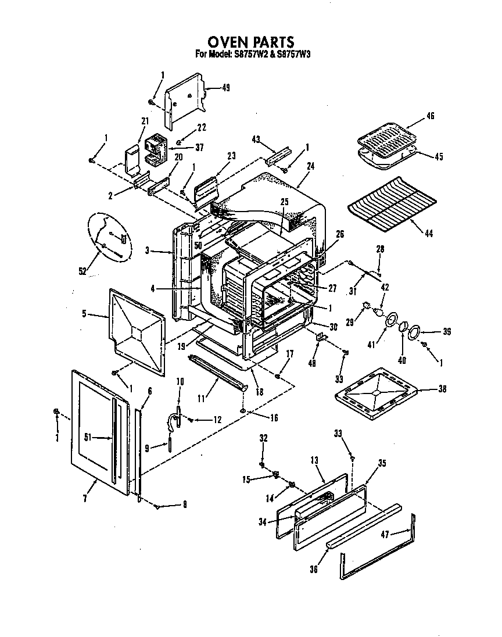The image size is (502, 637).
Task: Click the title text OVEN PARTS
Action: click(x=251, y=42)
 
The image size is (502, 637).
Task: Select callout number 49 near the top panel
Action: click(x=226, y=88)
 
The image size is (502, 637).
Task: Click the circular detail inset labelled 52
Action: click(x=109, y=235)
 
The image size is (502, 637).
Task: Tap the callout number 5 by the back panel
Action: click(x=84, y=314)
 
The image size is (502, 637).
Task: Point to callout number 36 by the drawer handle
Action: click(x=314, y=569)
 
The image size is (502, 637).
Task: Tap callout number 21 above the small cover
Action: click(x=145, y=121)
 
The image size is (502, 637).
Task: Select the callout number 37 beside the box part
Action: click(x=199, y=148)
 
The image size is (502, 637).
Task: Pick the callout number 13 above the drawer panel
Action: click(x=314, y=460)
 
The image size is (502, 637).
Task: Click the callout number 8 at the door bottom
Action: click(x=184, y=504)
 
